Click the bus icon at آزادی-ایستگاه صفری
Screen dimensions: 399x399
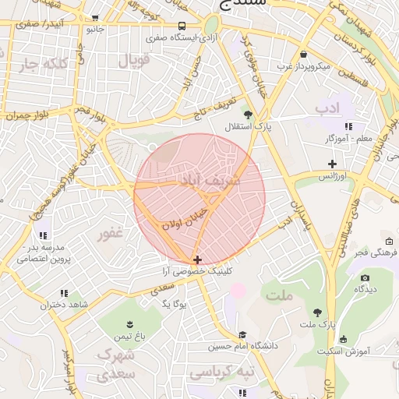tap(182, 25)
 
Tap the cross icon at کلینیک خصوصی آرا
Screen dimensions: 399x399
tap(197, 260)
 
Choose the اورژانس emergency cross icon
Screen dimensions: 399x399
tap(333, 164)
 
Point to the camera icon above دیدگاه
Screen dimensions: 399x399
tap(365, 277)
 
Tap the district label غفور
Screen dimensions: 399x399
tap(109, 233)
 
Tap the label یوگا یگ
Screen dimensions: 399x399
tap(176, 303)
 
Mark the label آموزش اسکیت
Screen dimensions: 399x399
tap(342, 351)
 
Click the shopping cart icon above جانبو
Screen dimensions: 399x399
tap(94, 17)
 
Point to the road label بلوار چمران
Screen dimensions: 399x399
tap(30, 115)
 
